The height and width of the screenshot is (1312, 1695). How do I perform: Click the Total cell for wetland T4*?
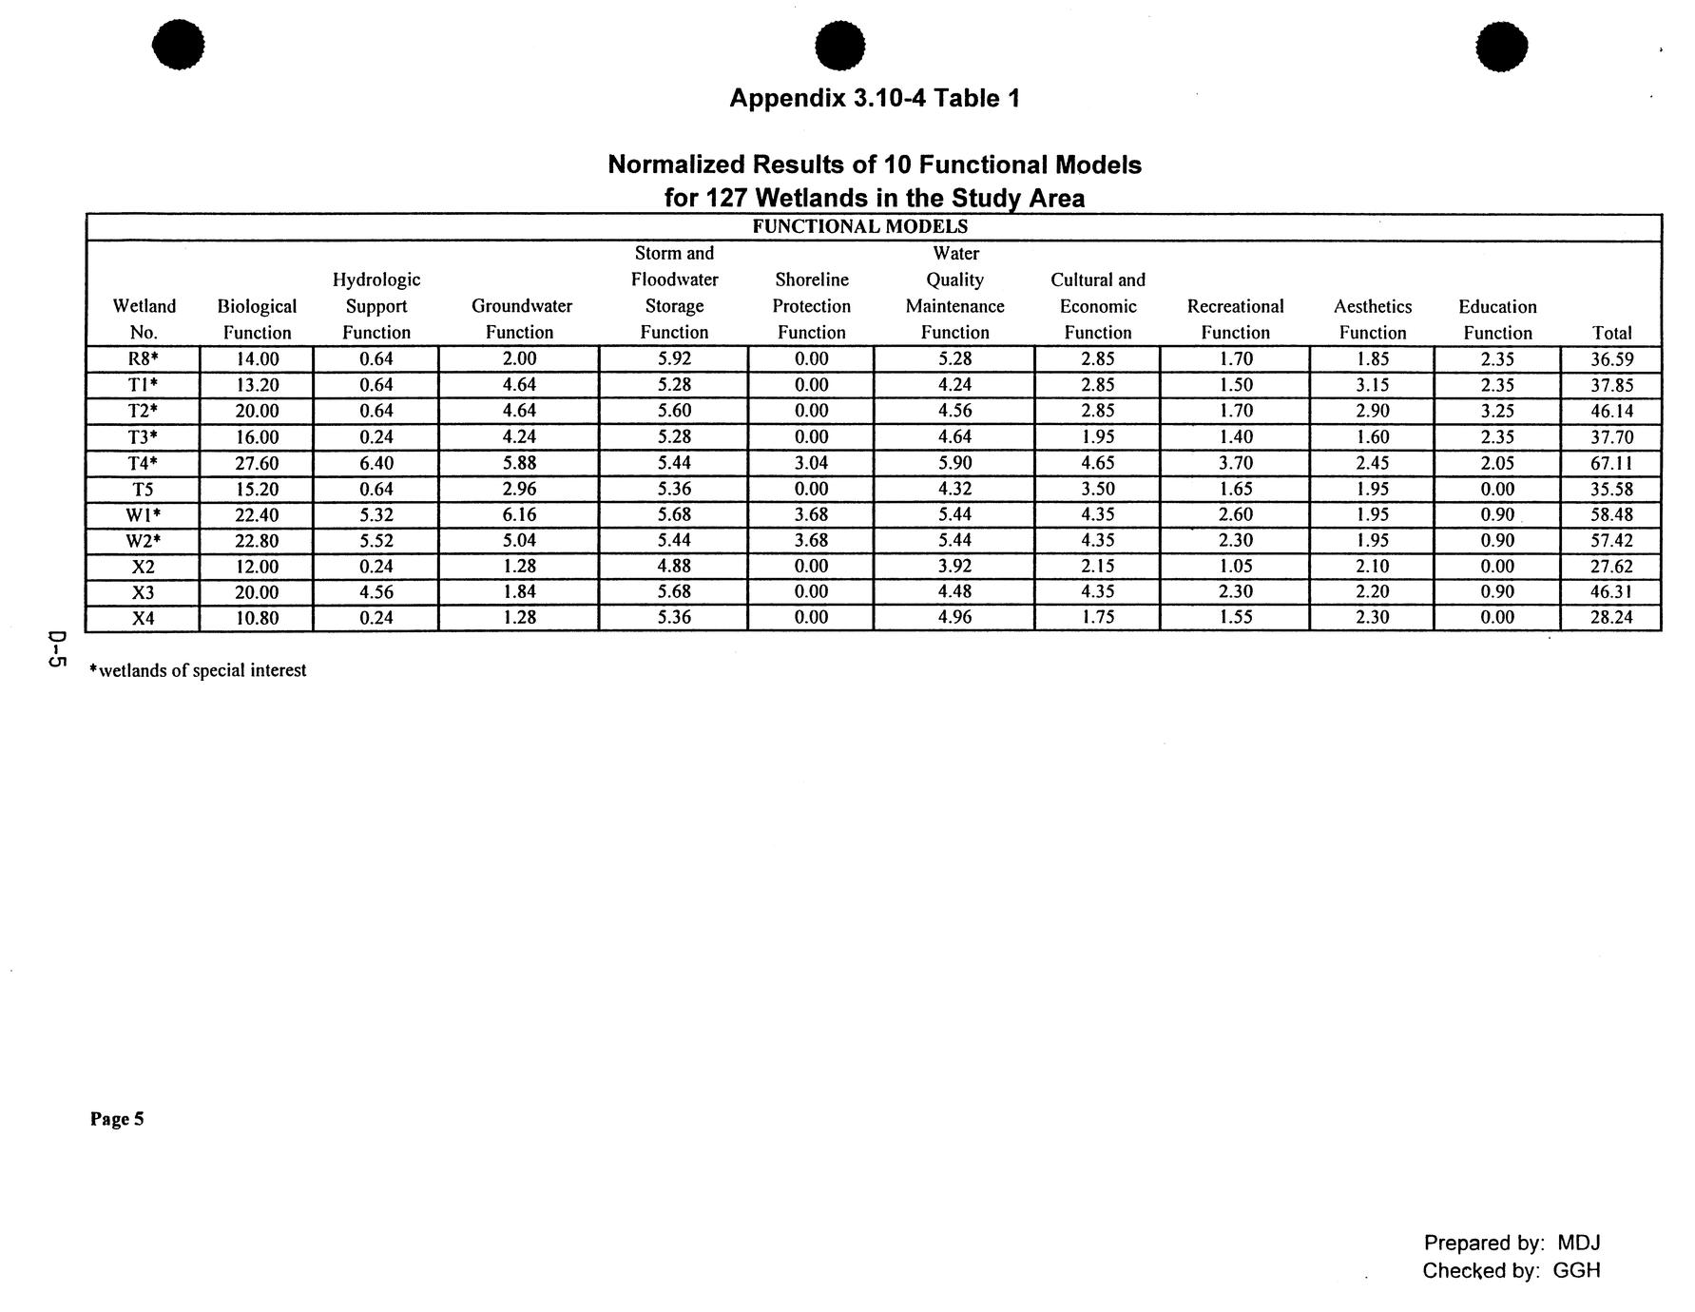coord(1611,463)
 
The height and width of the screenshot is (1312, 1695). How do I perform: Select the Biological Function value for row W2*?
coord(257,541)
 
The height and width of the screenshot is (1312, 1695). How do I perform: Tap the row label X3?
coord(144,592)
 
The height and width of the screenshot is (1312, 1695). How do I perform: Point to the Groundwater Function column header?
coord(520,319)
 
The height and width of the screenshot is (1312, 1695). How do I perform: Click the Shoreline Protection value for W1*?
coord(811,515)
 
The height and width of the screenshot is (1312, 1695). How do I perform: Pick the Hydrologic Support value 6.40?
coord(376,463)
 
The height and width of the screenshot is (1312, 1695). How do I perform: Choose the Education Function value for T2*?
coord(1497,412)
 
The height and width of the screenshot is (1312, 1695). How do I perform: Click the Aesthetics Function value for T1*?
coord(1372,385)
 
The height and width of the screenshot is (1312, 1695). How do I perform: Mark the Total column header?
coord(1611,333)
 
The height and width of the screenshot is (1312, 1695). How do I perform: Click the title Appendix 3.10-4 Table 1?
coord(874,98)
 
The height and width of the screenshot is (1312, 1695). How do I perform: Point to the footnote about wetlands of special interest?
coord(198,670)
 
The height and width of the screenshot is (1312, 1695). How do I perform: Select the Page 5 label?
coord(117,1119)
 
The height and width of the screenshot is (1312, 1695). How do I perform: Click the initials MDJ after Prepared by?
coord(1578,1243)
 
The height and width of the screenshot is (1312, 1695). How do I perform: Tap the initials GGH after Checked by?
coord(1576,1270)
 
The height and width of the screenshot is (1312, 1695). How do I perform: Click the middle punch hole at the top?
coord(840,46)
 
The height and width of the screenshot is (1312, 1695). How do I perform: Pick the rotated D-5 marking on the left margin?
coord(56,650)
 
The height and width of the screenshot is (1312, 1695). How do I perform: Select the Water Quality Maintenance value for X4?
coord(954,618)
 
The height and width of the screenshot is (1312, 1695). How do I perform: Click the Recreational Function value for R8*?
coord(1235,359)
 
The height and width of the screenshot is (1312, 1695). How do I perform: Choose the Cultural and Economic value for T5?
coord(1097,490)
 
